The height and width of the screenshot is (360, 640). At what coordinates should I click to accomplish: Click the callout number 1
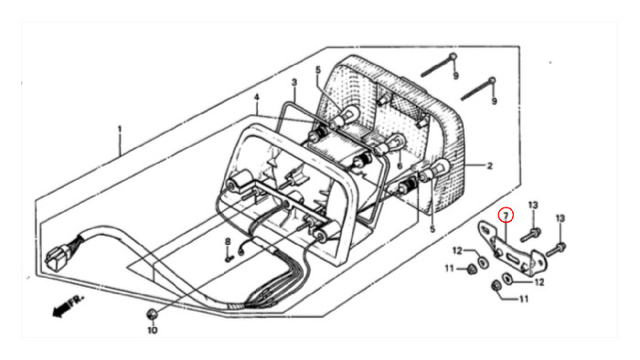pyautogui.click(x=120, y=129)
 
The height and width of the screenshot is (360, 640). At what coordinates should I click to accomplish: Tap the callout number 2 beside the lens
pyautogui.click(x=489, y=165)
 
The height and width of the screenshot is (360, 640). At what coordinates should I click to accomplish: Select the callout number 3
pyautogui.click(x=294, y=82)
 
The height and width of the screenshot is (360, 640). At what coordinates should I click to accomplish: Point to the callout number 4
pyautogui.click(x=256, y=98)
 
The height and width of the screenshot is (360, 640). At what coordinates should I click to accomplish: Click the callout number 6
pyautogui.click(x=400, y=165)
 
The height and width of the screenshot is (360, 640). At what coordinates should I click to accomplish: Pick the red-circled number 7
pyautogui.click(x=506, y=216)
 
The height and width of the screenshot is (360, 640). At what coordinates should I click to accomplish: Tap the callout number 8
pyautogui.click(x=229, y=242)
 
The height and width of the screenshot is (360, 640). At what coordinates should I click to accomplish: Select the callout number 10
pyautogui.click(x=153, y=330)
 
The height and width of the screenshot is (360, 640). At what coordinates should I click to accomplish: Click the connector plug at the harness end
pyautogui.click(x=55, y=257)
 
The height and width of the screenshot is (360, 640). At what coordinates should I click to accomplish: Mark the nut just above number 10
pyautogui.click(x=152, y=314)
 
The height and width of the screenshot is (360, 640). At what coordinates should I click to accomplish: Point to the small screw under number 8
pyautogui.click(x=229, y=258)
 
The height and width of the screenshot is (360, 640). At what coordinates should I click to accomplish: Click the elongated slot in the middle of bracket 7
pyautogui.click(x=514, y=259)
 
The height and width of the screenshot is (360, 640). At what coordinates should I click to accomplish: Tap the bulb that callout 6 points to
pyautogui.click(x=388, y=144)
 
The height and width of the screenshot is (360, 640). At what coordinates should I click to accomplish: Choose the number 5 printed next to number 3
pyautogui.click(x=318, y=70)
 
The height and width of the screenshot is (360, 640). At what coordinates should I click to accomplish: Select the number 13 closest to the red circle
pyautogui.click(x=533, y=205)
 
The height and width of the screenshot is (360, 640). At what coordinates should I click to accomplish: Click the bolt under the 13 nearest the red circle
pyautogui.click(x=531, y=235)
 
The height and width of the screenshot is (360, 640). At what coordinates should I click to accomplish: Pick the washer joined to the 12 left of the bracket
pyautogui.click(x=482, y=261)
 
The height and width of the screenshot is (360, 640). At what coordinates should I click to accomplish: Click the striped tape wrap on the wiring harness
pyautogui.click(x=237, y=305)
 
